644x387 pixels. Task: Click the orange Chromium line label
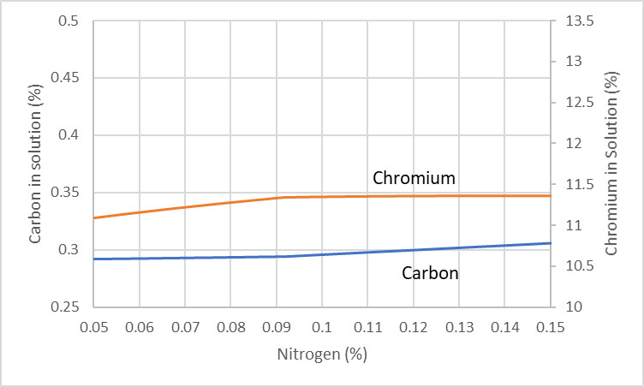pos(413,178)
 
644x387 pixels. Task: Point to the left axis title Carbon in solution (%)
pos(35,164)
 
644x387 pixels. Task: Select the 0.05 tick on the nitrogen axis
pos(93,327)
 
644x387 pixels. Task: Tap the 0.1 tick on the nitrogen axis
pos(321,327)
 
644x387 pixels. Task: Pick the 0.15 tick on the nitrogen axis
pos(550,327)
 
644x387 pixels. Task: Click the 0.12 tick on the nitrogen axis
pos(413,327)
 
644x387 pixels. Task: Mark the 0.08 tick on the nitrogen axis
pos(230,327)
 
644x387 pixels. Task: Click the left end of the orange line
pos(94,217)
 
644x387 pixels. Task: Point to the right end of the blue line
pos(549,243)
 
